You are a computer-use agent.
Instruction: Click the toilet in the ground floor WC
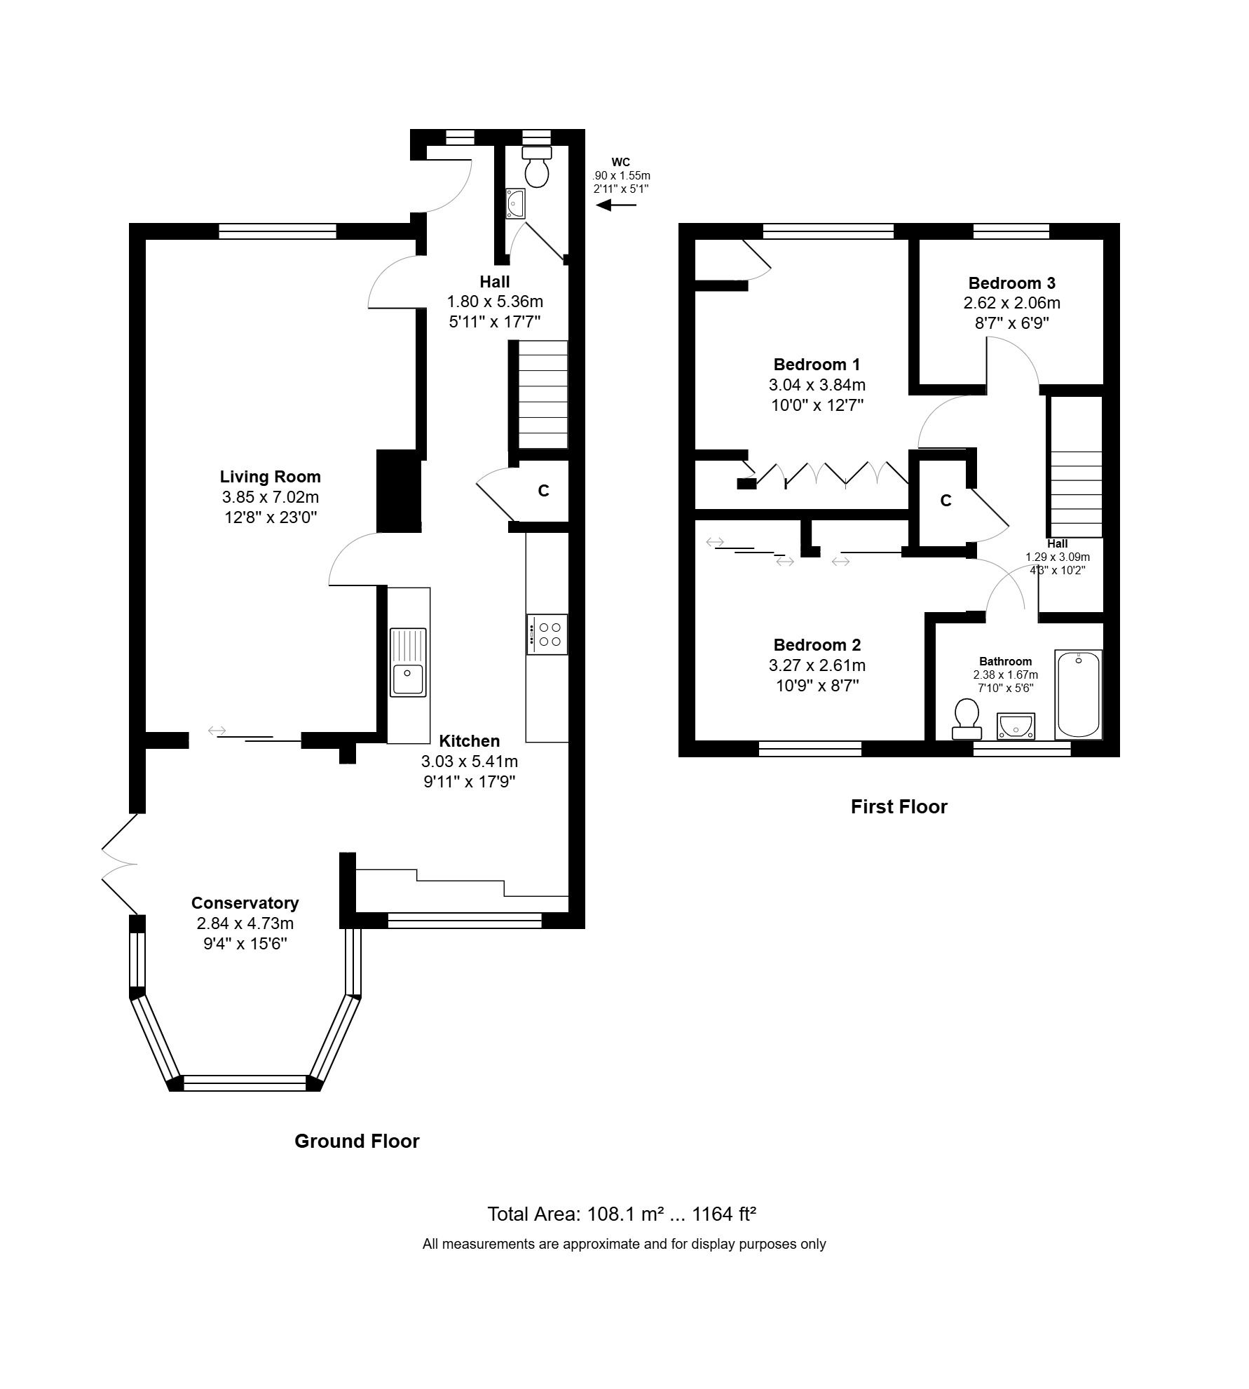[538, 166]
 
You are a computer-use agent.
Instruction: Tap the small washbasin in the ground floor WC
[515, 203]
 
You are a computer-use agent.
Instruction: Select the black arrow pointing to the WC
[616, 205]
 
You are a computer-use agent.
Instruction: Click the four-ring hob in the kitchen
[547, 635]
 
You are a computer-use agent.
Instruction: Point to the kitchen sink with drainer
[408, 662]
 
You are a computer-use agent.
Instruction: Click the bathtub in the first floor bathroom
[1079, 694]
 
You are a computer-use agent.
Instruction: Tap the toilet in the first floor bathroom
[967, 719]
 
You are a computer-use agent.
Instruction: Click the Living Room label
[271, 477]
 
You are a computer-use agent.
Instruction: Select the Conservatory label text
[245, 903]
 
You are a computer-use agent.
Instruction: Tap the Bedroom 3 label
[1012, 283]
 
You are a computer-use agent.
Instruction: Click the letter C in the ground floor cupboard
[544, 491]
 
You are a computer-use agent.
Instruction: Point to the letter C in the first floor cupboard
[946, 501]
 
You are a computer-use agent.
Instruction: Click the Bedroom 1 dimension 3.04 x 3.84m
[817, 385]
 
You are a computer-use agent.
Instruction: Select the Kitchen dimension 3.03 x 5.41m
[470, 761]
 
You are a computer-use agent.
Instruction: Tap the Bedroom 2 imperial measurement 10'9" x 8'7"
[817, 686]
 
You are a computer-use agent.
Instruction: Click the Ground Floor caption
[357, 1141]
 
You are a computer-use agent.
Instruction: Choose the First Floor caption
[899, 806]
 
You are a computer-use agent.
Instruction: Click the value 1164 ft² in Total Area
[724, 1214]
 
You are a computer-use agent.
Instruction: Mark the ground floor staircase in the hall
[542, 395]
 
